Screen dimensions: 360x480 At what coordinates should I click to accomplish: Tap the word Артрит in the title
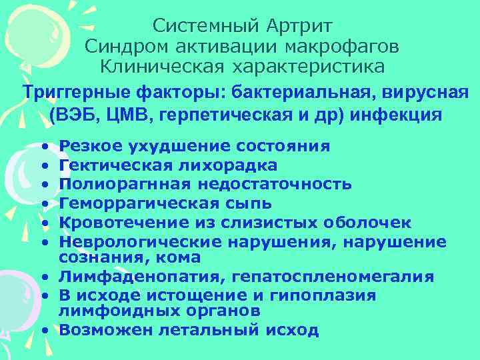tap(299, 27)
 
